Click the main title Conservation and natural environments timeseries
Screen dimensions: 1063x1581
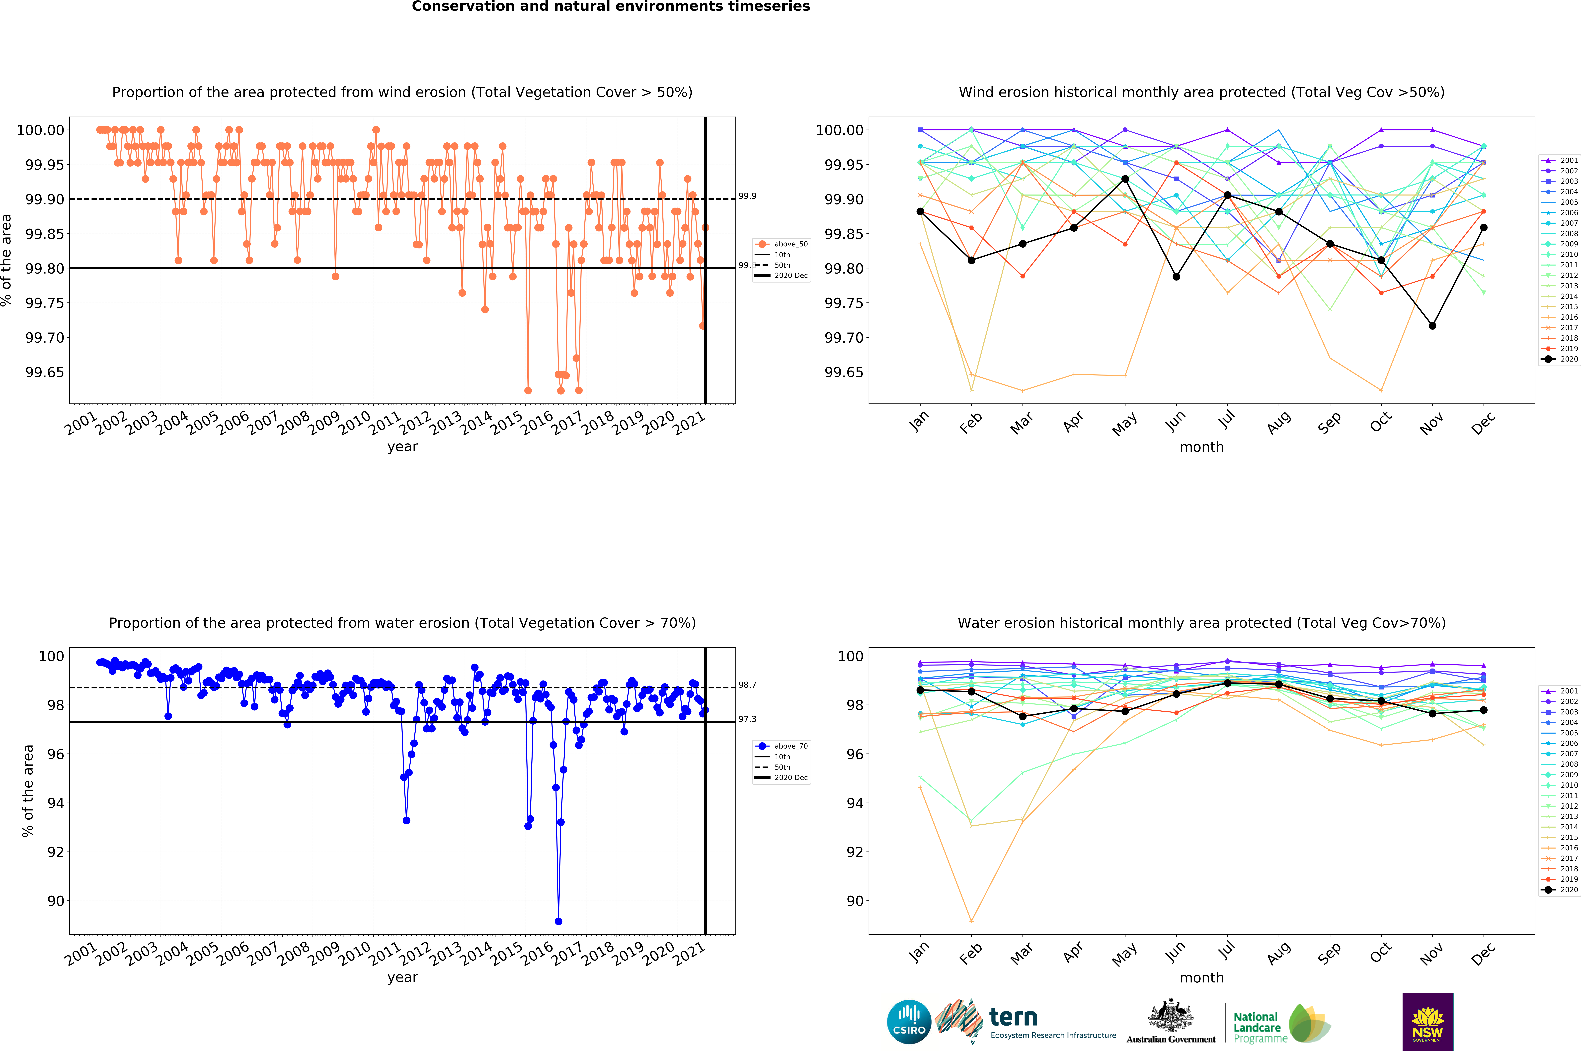(611, 7)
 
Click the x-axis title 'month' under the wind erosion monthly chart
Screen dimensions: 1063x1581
(1201, 447)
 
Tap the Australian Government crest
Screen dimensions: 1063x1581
(1170, 1016)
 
